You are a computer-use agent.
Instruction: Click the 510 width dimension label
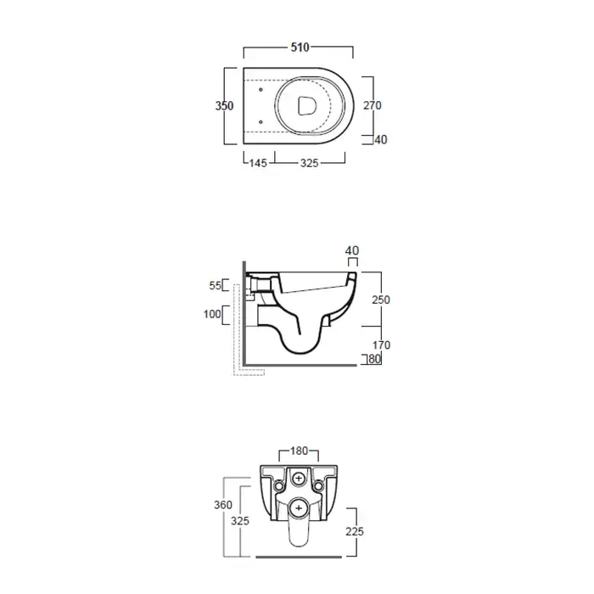(300, 48)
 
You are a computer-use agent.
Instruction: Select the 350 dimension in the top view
(224, 106)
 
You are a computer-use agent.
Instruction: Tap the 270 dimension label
(373, 105)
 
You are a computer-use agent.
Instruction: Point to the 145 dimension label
(258, 163)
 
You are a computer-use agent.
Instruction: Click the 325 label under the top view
(309, 163)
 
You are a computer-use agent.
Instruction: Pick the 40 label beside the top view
(381, 140)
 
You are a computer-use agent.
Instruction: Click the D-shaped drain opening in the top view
(306, 106)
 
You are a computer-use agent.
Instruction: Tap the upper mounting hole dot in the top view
(261, 90)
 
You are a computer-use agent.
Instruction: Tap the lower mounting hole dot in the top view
(261, 122)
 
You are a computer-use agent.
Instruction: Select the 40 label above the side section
(352, 250)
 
